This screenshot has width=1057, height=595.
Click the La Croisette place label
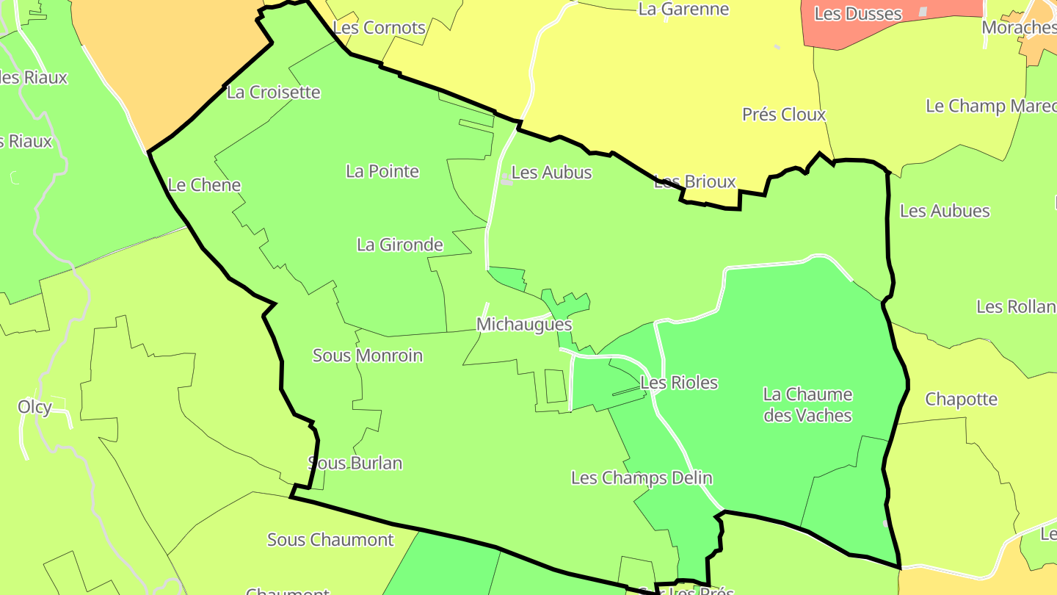[x=273, y=93]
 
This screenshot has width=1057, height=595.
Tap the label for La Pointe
[x=382, y=172]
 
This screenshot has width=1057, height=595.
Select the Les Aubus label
[x=551, y=173]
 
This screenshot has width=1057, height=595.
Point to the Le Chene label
[x=204, y=185]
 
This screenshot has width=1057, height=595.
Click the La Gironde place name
[x=400, y=245]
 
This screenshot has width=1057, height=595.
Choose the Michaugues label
[x=524, y=325]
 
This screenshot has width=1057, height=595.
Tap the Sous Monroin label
[x=368, y=356]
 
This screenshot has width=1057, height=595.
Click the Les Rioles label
[x=679, y=383]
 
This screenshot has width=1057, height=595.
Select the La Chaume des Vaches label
[x=807, y=405]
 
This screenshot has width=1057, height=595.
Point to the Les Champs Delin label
[x=642, y=478]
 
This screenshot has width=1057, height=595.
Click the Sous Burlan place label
[x=355, y=464]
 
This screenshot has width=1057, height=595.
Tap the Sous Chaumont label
[x=330, y=540]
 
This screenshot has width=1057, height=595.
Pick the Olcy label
[x=34, y=407]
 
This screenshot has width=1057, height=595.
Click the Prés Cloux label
[x=784, y=115]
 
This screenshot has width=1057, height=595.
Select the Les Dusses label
[x=858, y=14]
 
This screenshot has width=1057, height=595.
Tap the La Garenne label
[x=684, y=10]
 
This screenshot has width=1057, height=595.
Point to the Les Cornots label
[x=379, y=28]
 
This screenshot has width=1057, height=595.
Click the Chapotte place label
[x=962, y=400]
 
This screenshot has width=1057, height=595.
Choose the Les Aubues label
[x=945, y=212]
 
